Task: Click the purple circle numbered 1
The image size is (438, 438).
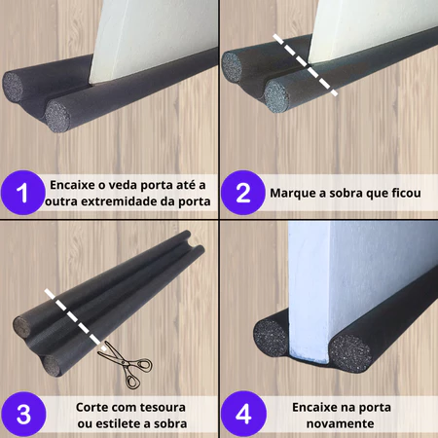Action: coord(22,193)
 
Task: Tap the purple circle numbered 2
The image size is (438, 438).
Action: coord(243,193)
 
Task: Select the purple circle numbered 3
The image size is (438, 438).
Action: coord(23,414)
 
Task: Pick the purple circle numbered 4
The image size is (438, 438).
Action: coord(243,414)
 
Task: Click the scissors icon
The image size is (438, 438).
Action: coord(126,364)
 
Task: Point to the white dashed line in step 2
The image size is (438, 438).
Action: coord(305,65)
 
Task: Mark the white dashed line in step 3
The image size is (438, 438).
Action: coord(75,320)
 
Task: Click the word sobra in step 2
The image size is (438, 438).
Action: coord(346,193)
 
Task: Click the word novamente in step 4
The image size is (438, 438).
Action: coord(341,423)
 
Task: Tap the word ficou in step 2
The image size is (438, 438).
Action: coord(406,193)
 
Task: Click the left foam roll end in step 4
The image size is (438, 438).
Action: coord(271,338)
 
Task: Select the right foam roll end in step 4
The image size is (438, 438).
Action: coord(350,353)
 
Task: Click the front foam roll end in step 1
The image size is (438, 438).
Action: coord(57,117)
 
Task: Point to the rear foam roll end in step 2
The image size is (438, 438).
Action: coord(232,66)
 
